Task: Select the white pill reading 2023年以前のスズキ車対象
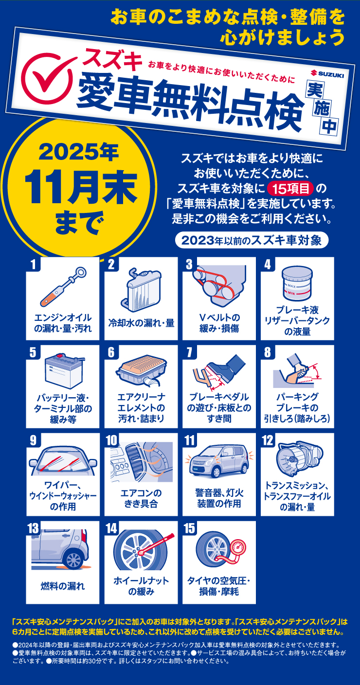[252, 240]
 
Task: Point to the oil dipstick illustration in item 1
[63, 289]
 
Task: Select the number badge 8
[267, 352]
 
